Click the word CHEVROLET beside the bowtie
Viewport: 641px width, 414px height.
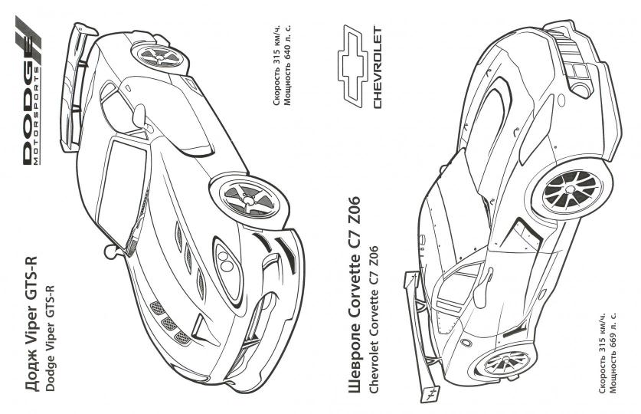click(x=377, y=68)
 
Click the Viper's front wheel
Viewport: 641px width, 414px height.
click(x=244, y=200)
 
